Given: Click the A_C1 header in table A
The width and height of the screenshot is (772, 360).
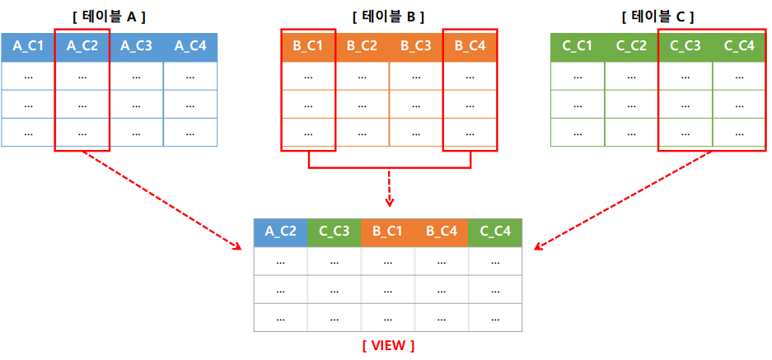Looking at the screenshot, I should click(x=28, y=48).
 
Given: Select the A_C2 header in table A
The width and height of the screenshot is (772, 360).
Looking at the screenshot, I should click(x=82, y=48).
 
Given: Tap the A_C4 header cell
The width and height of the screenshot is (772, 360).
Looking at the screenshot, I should click(x=190, y=48).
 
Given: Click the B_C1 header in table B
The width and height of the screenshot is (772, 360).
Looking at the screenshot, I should click(x=308, y=48).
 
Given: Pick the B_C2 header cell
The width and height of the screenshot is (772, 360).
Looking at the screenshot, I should click(x=362, y=48).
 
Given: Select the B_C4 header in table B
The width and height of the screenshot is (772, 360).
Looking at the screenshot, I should click(x=470, y=48).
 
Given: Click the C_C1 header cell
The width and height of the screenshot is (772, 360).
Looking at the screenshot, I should click(x=577, y=48).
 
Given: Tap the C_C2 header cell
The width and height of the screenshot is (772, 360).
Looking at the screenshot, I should click(x=631, y=48).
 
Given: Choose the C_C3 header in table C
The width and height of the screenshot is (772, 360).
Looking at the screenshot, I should click(x=685, y=48).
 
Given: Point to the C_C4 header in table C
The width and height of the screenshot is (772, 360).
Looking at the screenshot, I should click(x=739, y=48).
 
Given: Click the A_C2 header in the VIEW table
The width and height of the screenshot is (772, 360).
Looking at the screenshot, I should click(x=281, y=231).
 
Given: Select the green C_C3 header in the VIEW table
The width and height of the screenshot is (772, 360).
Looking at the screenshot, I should click(x=334, y=231).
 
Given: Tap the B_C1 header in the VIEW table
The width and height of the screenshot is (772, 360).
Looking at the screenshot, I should click(x=388, y=231).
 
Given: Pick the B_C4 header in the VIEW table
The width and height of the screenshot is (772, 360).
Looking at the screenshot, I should click(x=442, y=231).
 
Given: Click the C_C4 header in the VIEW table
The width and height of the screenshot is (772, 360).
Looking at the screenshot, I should click(x=495, y=231).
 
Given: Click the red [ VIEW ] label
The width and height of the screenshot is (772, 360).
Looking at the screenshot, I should click(x=388, y=345).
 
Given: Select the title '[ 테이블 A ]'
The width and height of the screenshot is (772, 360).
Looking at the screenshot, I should click(x=109, y=16).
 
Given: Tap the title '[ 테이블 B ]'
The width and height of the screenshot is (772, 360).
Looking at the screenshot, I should click(x=389, y=16).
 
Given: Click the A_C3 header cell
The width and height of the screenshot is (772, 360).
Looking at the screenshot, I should click(x=136, y=48).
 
